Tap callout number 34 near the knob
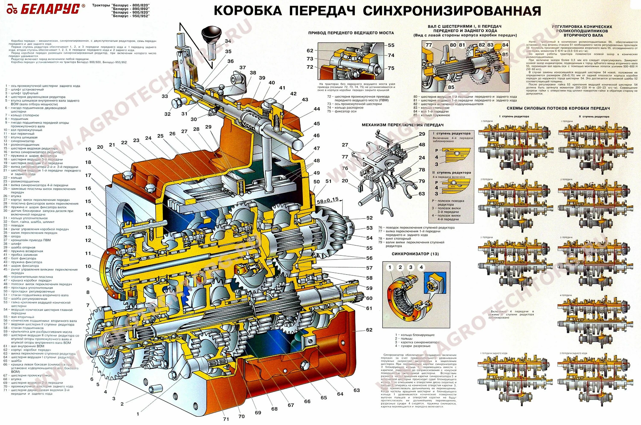pyautogui.click(x=228, y=41)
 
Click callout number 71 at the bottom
pyautogui.click(x=226, y=419)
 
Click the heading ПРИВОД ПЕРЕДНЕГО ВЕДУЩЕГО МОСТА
pyautogui.click(x=351, y=33)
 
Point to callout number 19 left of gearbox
pyautogui.click(x=88, y=149)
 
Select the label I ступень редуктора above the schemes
pyautogui.click(x=514, y=117)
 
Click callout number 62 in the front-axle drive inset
pyautogui.click(x=310, y=50)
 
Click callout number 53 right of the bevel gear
pyautogui.click(x=369, y=228)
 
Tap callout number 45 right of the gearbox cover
pyautogui.click(x=316, y=124)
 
